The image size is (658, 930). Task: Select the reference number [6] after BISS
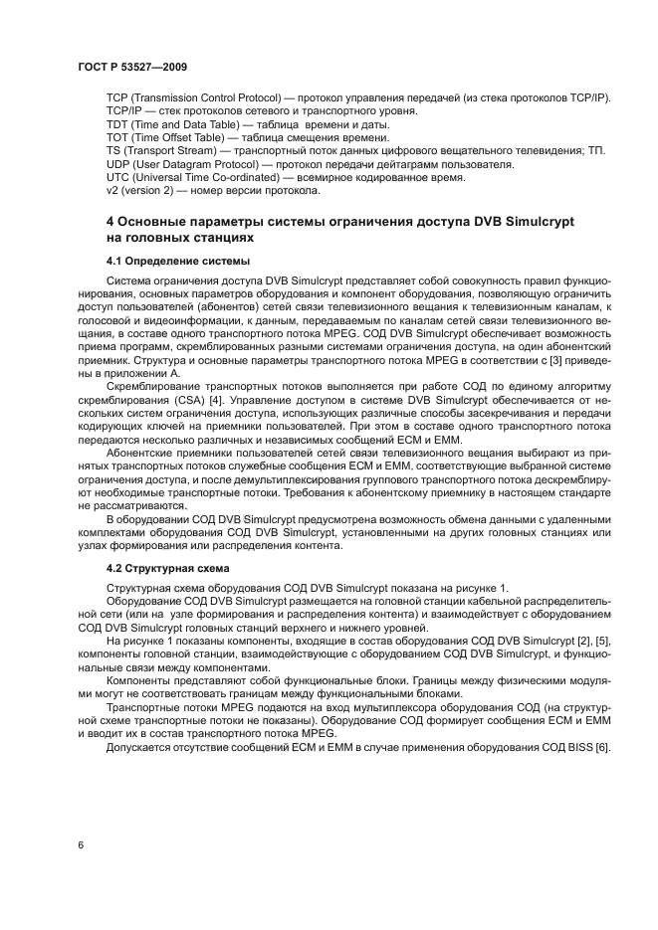(x=602, y=747)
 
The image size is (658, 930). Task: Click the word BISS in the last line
(x=577, y=747)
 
